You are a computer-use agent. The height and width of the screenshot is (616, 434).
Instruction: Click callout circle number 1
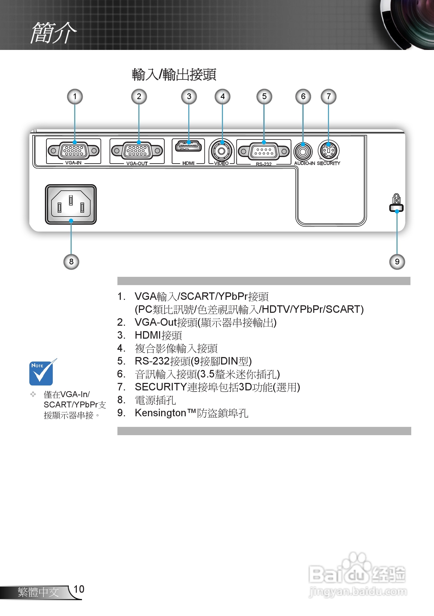[x=75, y=97]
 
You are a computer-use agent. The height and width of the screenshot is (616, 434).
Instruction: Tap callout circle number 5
[x=264, y=97]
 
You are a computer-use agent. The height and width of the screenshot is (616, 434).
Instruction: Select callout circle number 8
[x=71, y=262]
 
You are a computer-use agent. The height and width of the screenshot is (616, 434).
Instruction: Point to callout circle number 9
[x=397, y=262]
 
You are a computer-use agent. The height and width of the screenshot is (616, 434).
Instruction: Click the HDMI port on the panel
[x=188, y=146]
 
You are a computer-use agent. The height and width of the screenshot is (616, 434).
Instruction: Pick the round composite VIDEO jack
[x=222, y=151]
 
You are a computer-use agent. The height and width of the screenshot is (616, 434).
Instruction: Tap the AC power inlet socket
[x=71, y=204]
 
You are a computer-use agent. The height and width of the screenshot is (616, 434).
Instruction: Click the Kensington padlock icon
[x=396, y=199]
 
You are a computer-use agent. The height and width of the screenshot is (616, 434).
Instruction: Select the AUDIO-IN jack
[x=303, y=152]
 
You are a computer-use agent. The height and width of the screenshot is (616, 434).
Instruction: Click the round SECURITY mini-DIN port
[x=328, y=151]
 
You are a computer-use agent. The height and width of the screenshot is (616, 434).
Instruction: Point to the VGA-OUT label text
[x=137, y=164]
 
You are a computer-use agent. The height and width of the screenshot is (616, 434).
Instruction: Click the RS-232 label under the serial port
[x=264, y=164]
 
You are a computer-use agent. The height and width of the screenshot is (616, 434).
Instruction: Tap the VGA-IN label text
[x=73, y=162]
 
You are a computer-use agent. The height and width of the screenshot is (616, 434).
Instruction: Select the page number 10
[x=79, y=589]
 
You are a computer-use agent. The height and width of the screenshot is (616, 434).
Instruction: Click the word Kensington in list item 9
[x=160, y=413]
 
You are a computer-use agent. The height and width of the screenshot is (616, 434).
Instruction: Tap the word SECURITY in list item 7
[x=160, y=387]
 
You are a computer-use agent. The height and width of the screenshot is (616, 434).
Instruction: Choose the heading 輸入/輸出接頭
[x=174, y=75]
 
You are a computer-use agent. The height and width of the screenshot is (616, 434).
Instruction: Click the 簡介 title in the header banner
[x=53, y=33]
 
